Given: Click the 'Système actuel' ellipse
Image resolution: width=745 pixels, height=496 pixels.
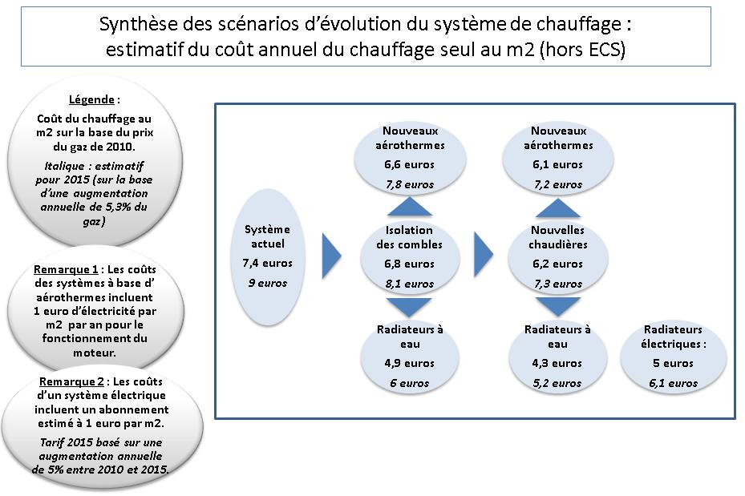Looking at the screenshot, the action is (x=268, y=256).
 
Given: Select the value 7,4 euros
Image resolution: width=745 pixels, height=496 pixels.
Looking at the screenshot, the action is (x=268, y=263).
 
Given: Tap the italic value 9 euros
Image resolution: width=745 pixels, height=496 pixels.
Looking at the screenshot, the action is (x=268, y=283).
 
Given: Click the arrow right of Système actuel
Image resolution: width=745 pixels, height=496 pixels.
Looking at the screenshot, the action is (x=332, y=256).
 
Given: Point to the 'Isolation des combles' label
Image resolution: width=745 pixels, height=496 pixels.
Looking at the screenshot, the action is (x=409, y=237).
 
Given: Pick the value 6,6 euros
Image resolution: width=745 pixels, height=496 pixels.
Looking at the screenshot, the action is (x=409, y=165).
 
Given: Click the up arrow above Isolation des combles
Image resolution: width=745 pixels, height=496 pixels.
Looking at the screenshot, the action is (x=409, y=207).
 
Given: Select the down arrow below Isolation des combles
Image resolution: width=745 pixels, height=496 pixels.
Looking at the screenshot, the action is (x=409, y=307).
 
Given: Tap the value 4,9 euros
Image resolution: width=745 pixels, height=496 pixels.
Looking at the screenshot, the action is (x=409, y=363).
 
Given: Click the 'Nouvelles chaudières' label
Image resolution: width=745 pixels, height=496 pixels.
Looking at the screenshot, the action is (x=558, y=237).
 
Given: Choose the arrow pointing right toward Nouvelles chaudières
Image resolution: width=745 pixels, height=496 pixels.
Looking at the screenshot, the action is (x=484, y=254).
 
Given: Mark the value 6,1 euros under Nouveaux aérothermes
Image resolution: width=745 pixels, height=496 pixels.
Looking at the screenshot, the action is (x=557, y=165).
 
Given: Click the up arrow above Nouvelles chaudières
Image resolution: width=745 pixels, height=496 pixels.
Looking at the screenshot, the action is (x=558, y=208).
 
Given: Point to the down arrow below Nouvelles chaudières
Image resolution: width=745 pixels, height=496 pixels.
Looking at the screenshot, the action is (x=558, y=307).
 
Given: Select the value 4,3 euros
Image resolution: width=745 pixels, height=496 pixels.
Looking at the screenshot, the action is (x=557, y=363).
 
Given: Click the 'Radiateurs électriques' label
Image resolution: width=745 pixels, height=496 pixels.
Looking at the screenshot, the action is (x=674, y=337).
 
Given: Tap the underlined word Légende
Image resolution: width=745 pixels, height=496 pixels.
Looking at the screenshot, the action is (x=91, y=99).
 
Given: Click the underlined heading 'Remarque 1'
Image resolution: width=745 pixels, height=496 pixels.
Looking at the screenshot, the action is (x=66, y=269).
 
